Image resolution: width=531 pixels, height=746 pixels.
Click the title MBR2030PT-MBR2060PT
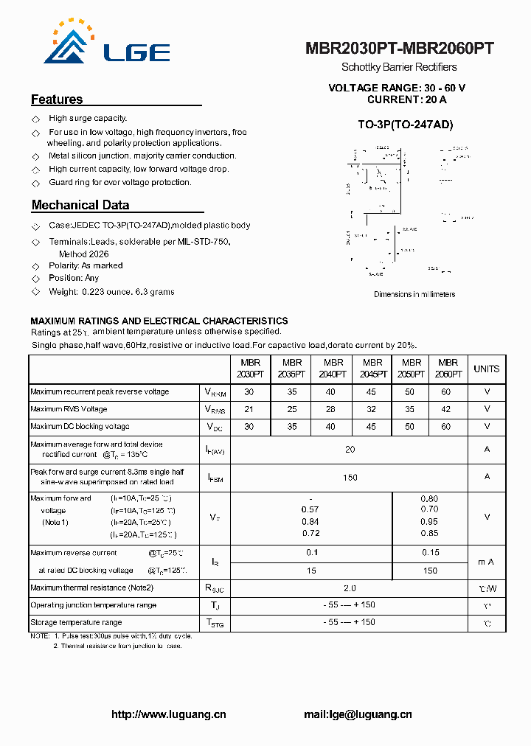tap(399, 49)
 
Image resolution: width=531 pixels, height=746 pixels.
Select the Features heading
tap(57, 100)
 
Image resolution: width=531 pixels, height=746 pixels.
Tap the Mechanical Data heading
tap(80, 205)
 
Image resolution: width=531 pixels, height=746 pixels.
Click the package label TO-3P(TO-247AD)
tap(405, 125)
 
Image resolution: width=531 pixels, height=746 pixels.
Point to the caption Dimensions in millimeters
tap(414, 294)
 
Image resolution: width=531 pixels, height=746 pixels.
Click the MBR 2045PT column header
tap(372, 368)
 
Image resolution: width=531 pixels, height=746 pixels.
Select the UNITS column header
tap(486, 369)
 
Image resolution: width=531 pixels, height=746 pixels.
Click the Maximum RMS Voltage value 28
tap(330, 409)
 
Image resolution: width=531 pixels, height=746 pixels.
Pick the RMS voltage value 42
tap(445, 409)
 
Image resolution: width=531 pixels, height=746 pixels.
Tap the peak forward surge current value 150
tap(350, 478)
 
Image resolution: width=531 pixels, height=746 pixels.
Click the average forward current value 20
tap(350, 449)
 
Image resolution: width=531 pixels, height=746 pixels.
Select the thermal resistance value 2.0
tap(350, 588)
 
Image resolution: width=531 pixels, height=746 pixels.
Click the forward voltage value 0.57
tap(310, 509)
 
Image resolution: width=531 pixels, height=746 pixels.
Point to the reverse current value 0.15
tap(430, 552)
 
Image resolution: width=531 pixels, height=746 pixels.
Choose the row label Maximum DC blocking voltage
tap(80, 427)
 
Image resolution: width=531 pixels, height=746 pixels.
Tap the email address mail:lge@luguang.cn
tap(358, 714)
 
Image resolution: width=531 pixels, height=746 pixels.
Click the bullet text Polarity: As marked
tap(86, 265)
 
